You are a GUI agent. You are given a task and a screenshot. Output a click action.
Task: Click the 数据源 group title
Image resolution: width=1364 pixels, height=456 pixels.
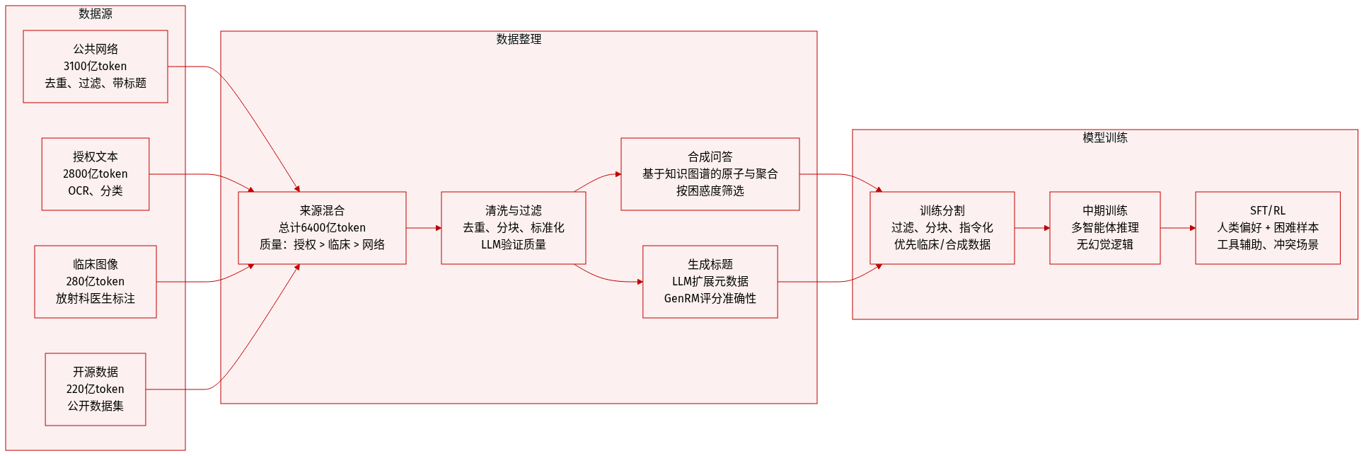coord(96,14)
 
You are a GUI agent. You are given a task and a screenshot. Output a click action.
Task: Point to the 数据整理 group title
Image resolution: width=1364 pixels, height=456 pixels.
coord(519,40)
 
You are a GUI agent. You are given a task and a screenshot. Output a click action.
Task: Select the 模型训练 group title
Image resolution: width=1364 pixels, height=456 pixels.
coord(1104,138)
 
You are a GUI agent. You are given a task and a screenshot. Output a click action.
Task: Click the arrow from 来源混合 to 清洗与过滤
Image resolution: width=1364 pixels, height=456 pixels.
coord(423,228)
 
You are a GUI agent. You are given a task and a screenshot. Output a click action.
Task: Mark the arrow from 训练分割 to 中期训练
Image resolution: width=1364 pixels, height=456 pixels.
coord(1031,228)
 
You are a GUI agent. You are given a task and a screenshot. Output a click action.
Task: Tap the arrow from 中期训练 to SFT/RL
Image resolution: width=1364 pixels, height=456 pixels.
coord(1177,228)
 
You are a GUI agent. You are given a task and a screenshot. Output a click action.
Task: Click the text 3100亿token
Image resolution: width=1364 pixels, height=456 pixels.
coord(96,67)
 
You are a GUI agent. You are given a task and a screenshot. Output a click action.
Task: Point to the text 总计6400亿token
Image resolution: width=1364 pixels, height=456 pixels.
coord(322,228)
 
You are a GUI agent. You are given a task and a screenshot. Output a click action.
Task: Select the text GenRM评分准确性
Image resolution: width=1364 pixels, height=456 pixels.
coord(710,299)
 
